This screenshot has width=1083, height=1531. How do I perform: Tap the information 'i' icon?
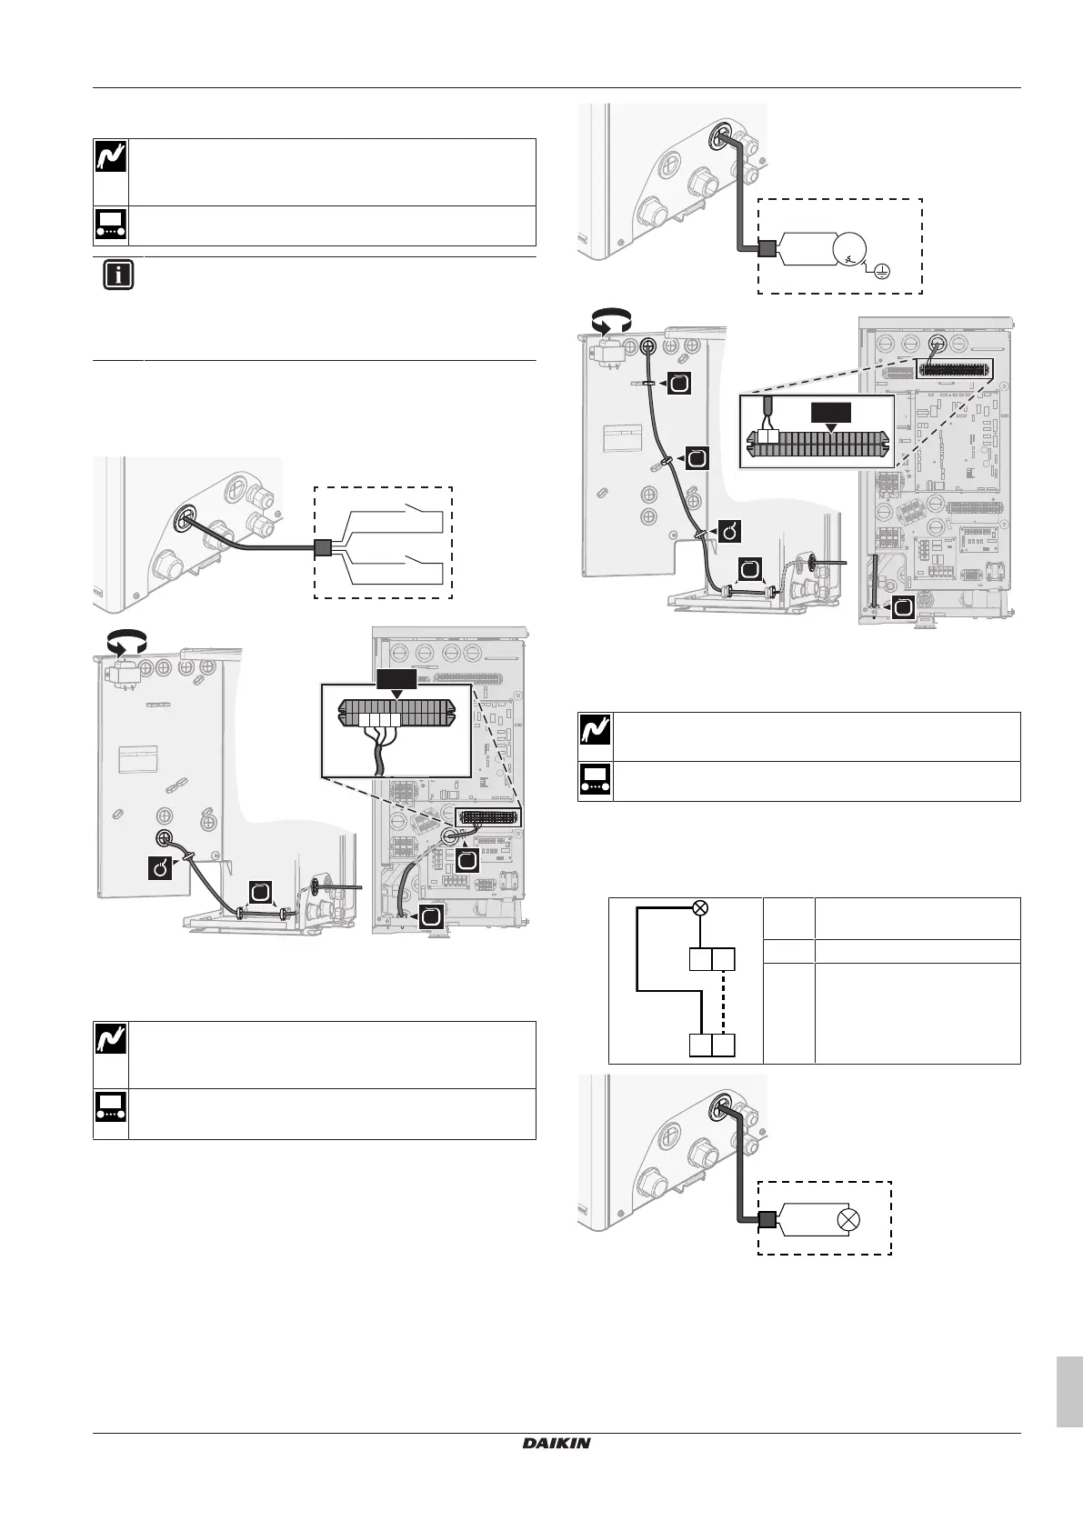click(118, 275)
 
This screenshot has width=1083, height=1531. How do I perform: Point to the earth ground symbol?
click(883, 272)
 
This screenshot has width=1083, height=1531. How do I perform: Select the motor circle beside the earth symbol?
click(849, 249)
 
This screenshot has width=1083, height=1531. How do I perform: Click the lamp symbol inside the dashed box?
click(848, 1220)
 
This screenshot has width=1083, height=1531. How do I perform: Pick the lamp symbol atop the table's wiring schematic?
click(700, 908)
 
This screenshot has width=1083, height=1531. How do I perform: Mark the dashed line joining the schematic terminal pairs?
click(724, 1003)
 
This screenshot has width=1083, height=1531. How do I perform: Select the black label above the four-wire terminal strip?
click(396, 679)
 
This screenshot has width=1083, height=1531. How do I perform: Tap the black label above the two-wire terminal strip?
click(831, 413)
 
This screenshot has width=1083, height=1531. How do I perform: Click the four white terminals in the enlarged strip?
click(379, 720)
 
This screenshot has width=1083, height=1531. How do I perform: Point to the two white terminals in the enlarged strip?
click(768, 436)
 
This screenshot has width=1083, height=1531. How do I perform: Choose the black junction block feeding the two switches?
click(322, 547)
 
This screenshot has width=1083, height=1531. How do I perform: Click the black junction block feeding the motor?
click(767, 249)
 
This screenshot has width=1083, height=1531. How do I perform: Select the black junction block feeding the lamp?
click(767, 1220)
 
